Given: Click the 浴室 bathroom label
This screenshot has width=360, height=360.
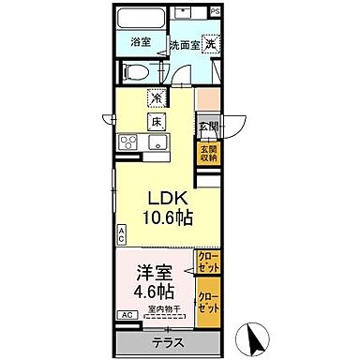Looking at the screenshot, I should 141,42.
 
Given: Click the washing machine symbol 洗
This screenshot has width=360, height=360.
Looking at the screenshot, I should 212,43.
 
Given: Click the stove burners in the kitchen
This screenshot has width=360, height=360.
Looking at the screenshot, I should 126,142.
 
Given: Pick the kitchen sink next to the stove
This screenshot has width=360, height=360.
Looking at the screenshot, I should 156,142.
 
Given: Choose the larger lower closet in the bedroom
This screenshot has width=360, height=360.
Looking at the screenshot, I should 209,304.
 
